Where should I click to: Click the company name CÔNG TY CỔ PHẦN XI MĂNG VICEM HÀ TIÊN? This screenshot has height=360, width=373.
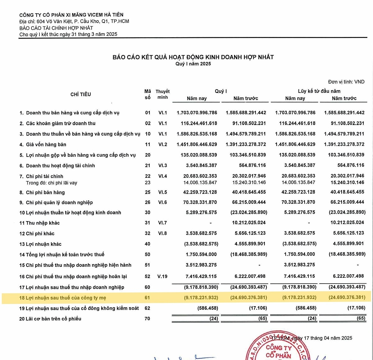(71, 15)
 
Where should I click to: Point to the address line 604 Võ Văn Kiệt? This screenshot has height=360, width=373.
(74, 21)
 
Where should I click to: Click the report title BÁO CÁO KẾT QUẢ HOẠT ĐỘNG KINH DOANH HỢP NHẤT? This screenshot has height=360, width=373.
(193, 57)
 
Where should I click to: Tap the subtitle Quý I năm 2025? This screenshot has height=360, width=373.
(193, 64)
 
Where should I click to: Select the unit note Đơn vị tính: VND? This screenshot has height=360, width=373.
(346, 82)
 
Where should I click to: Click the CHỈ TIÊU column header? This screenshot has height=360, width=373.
(81, 94)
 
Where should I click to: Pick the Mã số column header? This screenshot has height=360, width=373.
(148, 94)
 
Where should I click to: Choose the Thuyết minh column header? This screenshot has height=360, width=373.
(163, 94)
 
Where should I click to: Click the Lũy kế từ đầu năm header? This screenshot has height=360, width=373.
(319, 91)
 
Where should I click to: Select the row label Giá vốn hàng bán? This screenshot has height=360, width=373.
(46, 144)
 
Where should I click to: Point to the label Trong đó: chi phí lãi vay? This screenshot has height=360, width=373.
(51, 183)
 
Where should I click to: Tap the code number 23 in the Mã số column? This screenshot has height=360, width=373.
(148, 183)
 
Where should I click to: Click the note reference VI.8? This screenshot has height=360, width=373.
(163, 233)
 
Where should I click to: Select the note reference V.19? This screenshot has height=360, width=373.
(162, 276)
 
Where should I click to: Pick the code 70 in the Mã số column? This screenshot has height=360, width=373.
(147, 318)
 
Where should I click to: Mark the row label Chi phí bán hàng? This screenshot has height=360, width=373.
(45, 193)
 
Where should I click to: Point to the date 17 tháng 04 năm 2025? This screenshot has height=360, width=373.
(328, 338)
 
